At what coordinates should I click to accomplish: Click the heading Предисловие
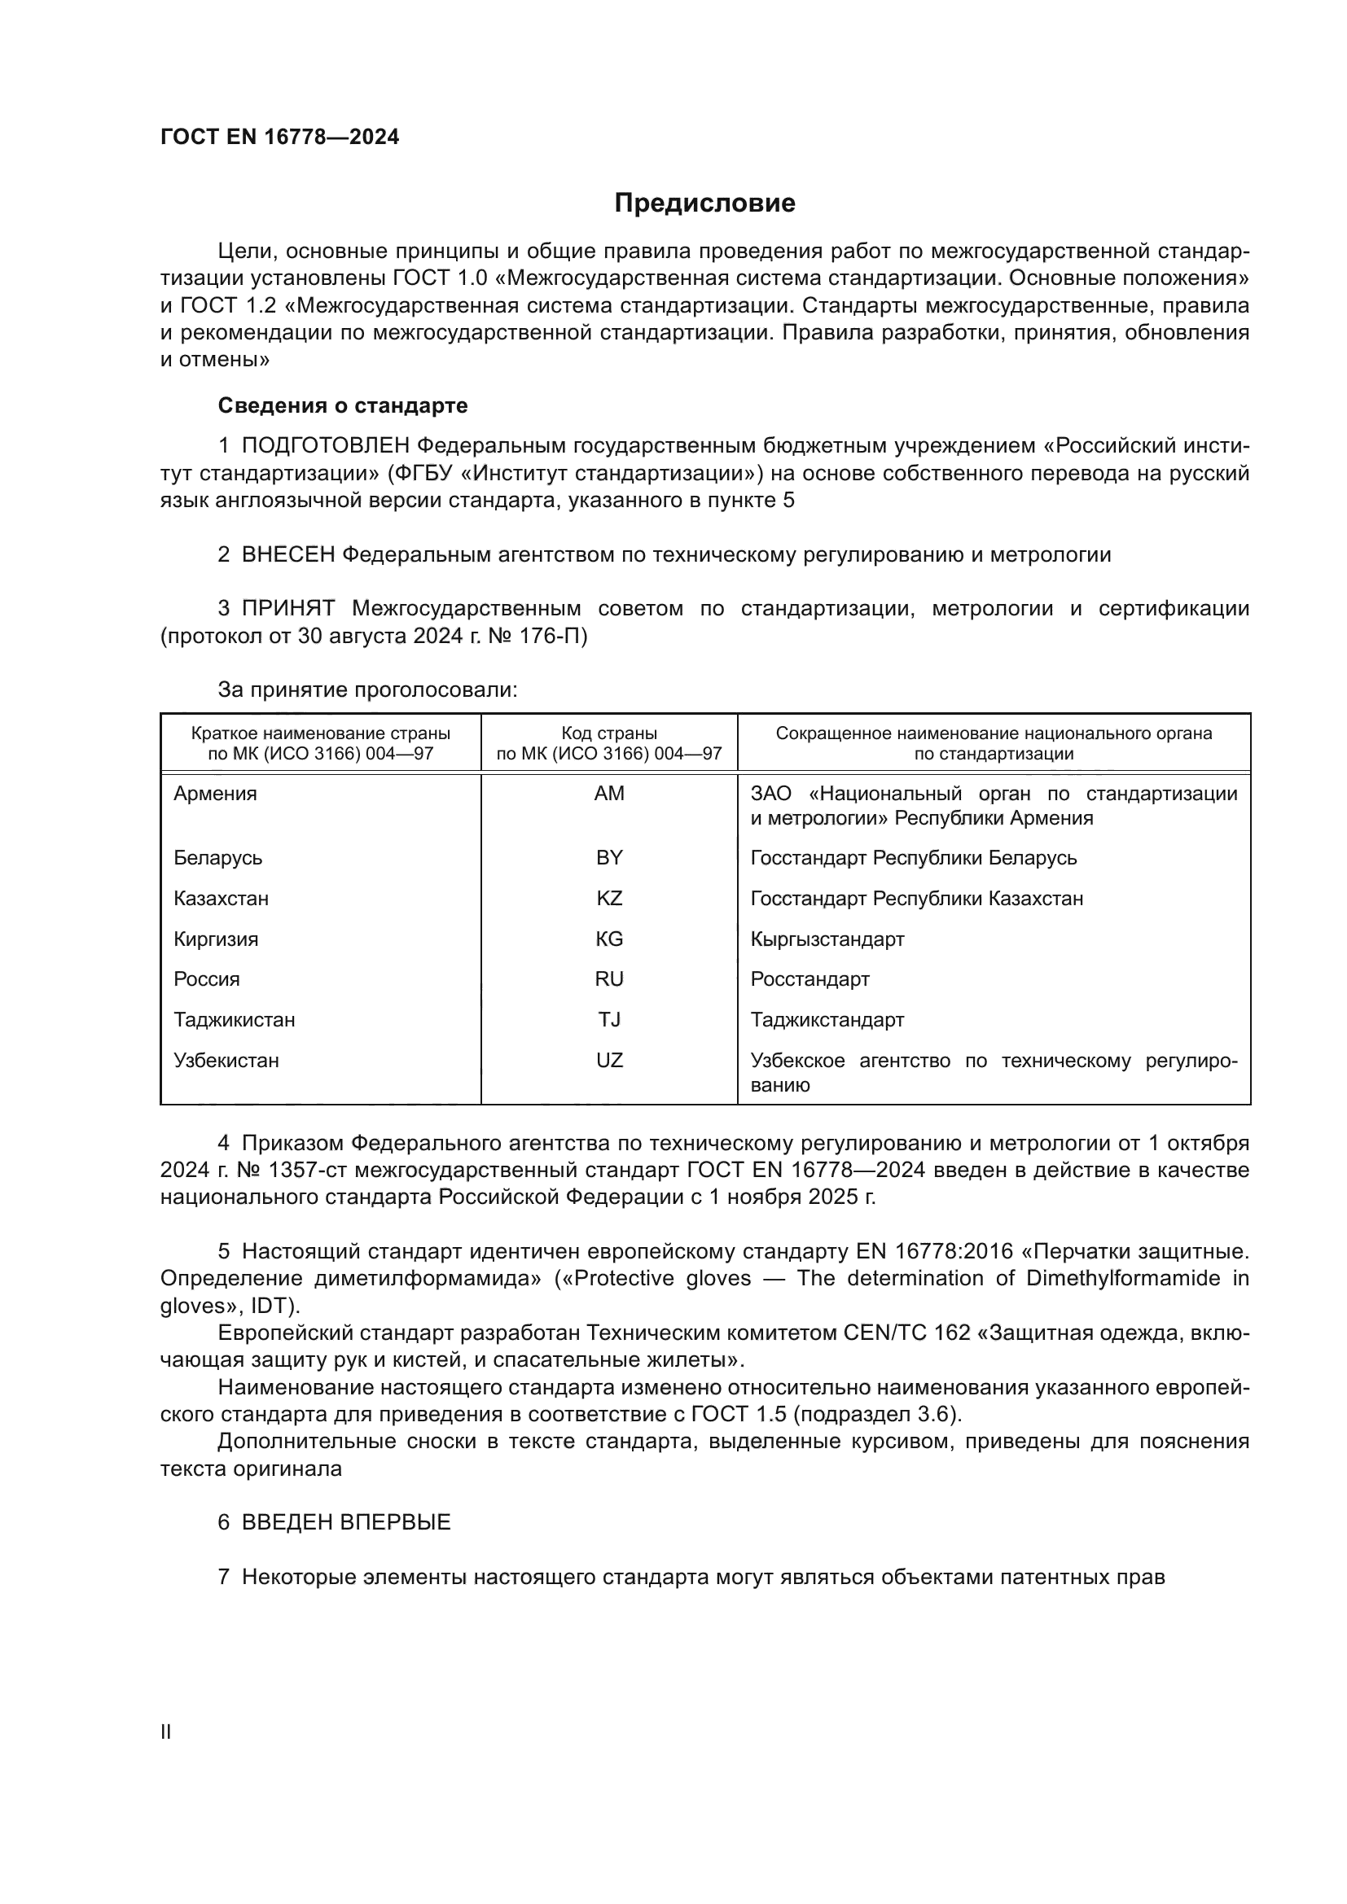(704, 204)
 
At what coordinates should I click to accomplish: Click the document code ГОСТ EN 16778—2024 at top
(279, 137)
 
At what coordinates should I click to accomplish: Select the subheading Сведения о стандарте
(342, 405)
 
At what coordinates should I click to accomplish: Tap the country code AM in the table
(609, 794)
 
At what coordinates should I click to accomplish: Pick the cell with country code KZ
(609, 898)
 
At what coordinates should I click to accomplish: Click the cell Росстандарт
(810, 979)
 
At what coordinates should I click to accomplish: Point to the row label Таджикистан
(234, 1020)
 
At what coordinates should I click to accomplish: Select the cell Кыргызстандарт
(827, 939)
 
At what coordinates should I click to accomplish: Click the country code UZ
(609, 1061)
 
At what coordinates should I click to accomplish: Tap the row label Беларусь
(217, 857)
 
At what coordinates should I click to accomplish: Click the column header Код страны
(609, 734)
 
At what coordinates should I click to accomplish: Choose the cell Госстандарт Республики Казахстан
(916, 898)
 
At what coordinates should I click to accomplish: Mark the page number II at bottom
(166, 1732)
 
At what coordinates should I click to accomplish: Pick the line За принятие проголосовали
(367, 690)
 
